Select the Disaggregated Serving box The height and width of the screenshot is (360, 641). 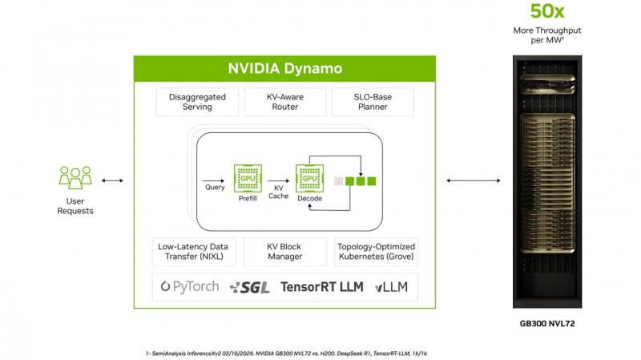click(x=197, y=102)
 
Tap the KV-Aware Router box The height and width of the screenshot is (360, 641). click(x=285, y=102)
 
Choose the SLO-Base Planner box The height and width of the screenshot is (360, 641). click(x=373, y=102)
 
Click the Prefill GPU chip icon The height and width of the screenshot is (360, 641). click(x=248, y=178)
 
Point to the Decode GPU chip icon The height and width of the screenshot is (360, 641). click(x=309, y=178)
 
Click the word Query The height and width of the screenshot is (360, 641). click(x=214, y=187)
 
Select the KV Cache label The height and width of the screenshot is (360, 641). click(x=278, y=191)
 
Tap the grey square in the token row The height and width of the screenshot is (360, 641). click(x=340, y=182)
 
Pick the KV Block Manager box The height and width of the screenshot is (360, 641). click(x=284, y=252)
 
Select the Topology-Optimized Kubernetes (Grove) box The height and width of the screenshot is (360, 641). click(x=376, y=252)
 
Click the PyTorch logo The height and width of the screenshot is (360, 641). click(x=190, y=286)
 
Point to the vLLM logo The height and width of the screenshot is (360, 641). click(x=391, y=287)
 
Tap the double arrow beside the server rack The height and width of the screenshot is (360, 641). click(x=462, y=180)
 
